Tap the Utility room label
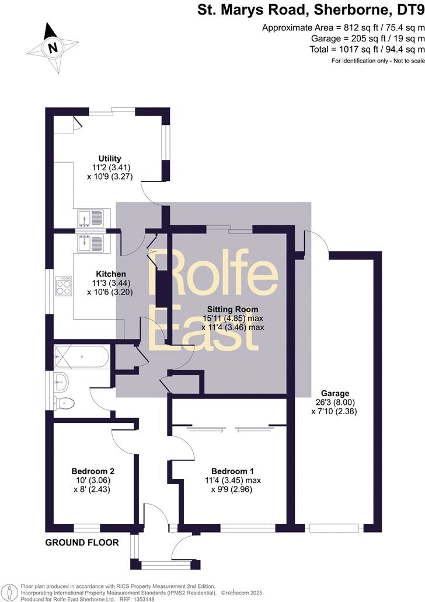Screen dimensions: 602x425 pos(110,158)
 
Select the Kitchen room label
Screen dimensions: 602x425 pos(112,274)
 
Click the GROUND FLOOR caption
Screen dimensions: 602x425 pos(82,542)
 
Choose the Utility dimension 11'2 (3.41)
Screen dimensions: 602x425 pos(110,167)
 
